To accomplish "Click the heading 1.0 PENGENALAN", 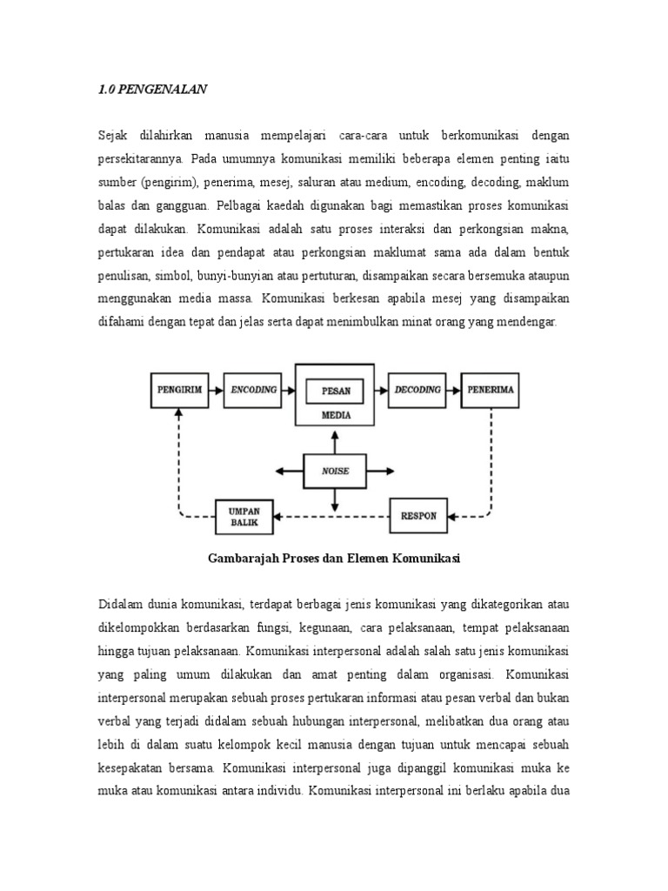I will tap(152, 88).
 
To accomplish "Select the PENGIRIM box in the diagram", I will tap(179, 391).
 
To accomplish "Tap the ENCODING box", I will tap(253, 391).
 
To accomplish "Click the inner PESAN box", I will tap(336, 391).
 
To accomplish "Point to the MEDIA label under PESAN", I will tap(336, 416).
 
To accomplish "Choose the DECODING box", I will tap(417, 391).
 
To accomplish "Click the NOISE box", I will tap(335, 471).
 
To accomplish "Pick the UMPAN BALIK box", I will tap(244, 514).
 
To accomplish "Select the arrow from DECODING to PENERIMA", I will tap(454, 391).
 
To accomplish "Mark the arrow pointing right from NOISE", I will tap(382, 471).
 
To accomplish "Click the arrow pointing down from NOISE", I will tap(335, 499).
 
